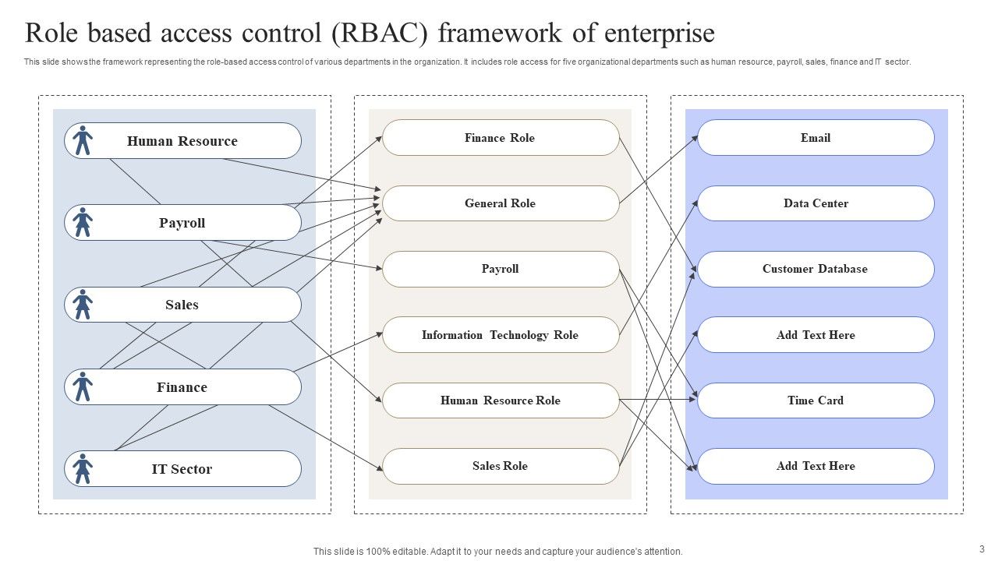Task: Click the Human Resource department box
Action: [182, 141]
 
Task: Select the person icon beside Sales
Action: [83, 305]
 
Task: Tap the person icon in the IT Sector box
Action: [83, 469]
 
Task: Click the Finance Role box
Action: [500, 138]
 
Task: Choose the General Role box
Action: [500, 203]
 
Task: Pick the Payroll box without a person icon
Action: [500, 269]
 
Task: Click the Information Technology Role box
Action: [500, 335]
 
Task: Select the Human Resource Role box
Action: [500, 400]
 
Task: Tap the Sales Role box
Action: [500, 466]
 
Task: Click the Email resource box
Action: [816, 138]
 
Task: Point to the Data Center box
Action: [816, 203]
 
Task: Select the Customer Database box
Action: [816, 269]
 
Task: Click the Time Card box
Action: [816, 400]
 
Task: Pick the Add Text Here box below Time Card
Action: [816, 466]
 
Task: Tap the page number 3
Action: [982, 549]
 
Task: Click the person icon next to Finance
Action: [83, 386]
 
